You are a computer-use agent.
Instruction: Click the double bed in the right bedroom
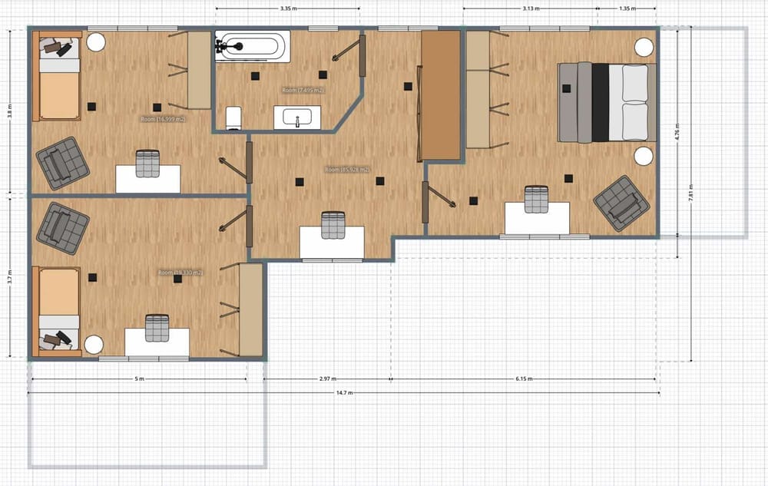607,102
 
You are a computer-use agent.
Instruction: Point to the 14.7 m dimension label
345,393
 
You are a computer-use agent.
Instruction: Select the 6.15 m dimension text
525,379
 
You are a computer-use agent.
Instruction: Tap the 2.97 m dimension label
328,379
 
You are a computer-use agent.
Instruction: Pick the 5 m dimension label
138,379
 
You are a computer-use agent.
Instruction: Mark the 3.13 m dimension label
530,9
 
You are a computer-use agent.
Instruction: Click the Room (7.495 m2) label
303,91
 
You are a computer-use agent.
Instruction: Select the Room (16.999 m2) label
163,120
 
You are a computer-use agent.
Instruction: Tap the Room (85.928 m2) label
346,170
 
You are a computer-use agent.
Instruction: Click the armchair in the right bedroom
621,203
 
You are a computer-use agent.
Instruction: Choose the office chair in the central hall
332,225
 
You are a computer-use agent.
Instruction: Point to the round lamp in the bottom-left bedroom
94,345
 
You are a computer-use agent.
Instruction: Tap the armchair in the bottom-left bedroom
63,228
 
